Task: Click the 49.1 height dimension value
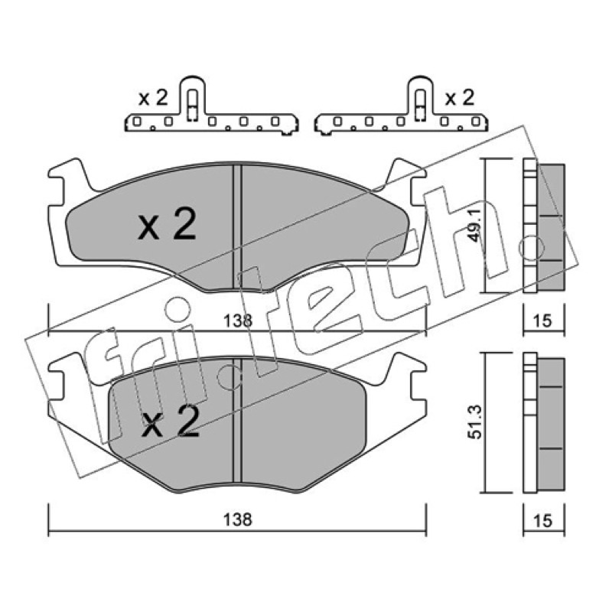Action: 476,225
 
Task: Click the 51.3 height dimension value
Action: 476,422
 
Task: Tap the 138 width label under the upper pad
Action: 238,321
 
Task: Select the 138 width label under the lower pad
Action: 238,519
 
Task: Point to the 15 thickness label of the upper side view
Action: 542,321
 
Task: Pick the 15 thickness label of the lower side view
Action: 542,520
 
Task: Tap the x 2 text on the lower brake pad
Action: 171,421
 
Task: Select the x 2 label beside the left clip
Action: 154,98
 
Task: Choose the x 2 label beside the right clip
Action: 460,98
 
